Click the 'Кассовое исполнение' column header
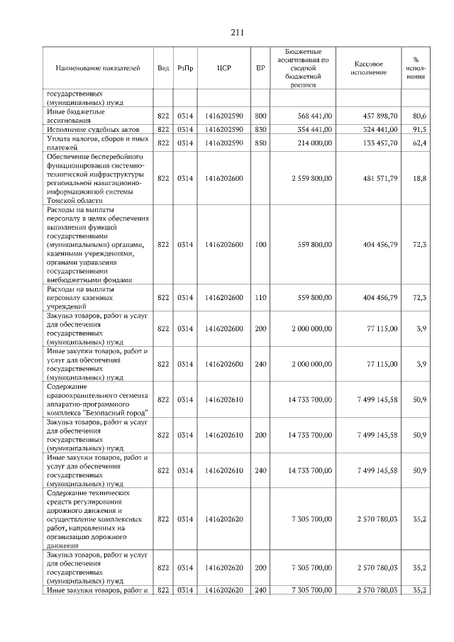(368, 68)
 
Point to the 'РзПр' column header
(185, 68)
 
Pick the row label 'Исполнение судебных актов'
(91, 129)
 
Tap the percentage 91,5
(419, 129)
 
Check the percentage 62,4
(419, 143)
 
